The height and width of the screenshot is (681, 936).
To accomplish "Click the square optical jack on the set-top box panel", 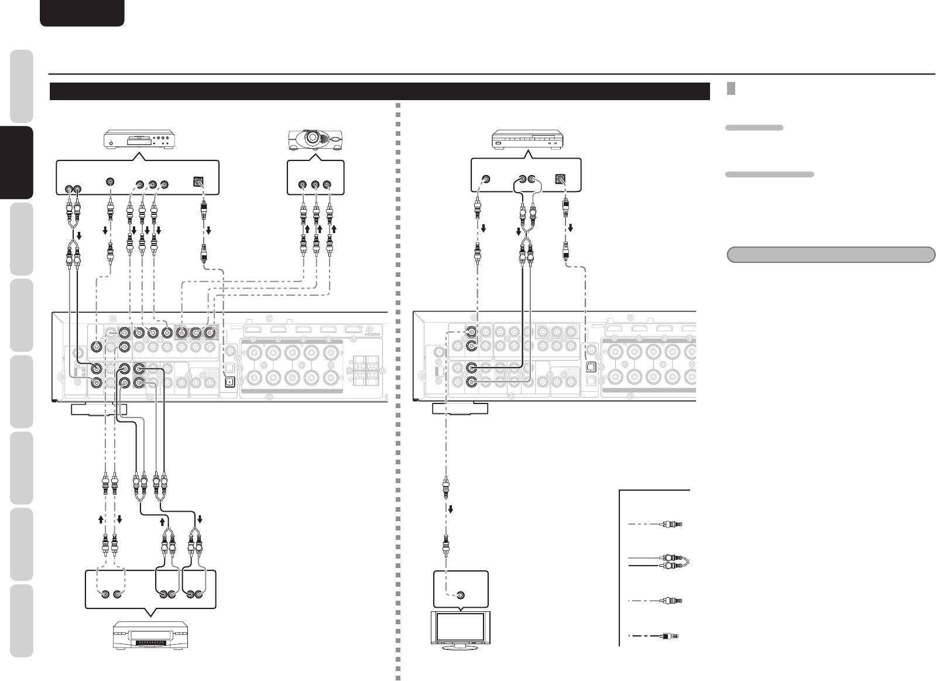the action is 561,180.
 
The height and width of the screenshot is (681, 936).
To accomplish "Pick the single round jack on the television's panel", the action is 461,595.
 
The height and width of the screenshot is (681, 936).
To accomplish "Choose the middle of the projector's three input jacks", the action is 316,185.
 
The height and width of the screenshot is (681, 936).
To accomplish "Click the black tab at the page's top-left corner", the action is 82,12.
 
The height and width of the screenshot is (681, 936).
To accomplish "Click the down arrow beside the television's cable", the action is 451,508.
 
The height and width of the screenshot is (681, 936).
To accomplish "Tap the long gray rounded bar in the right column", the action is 831,255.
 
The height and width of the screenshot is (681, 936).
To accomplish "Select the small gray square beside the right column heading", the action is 731,88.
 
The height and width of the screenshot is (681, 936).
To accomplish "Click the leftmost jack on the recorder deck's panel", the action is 104,595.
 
